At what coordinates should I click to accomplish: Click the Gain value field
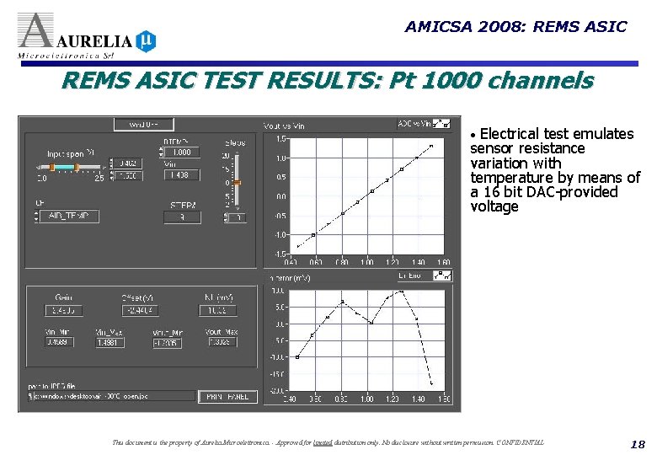[64, 310]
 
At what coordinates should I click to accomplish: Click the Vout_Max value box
[220, 343]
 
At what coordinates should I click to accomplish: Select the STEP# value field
[182, 217]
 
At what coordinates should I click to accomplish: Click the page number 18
[636, 443]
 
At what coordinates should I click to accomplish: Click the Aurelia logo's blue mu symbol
[146, 40]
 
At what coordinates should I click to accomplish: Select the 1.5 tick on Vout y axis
[280, 138]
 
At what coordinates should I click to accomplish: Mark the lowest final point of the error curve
[432, 384]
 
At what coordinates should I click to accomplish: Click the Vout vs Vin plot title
[285, 126]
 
